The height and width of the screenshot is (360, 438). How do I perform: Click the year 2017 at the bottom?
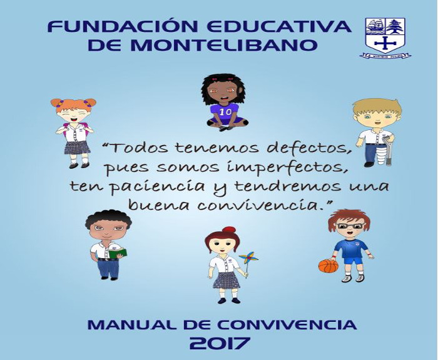pos(219,343)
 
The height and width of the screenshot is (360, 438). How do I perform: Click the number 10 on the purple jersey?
pos(225,112)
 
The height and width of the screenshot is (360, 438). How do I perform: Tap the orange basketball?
pos(328,266)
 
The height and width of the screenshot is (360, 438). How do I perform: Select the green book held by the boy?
pos(118,253)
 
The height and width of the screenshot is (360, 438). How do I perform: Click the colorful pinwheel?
pos(248,258)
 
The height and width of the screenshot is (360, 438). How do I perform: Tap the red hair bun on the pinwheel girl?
pos(229,230)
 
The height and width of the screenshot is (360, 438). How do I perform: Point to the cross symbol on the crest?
pos(385,43)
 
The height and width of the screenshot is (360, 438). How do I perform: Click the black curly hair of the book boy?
pos(108,217)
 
